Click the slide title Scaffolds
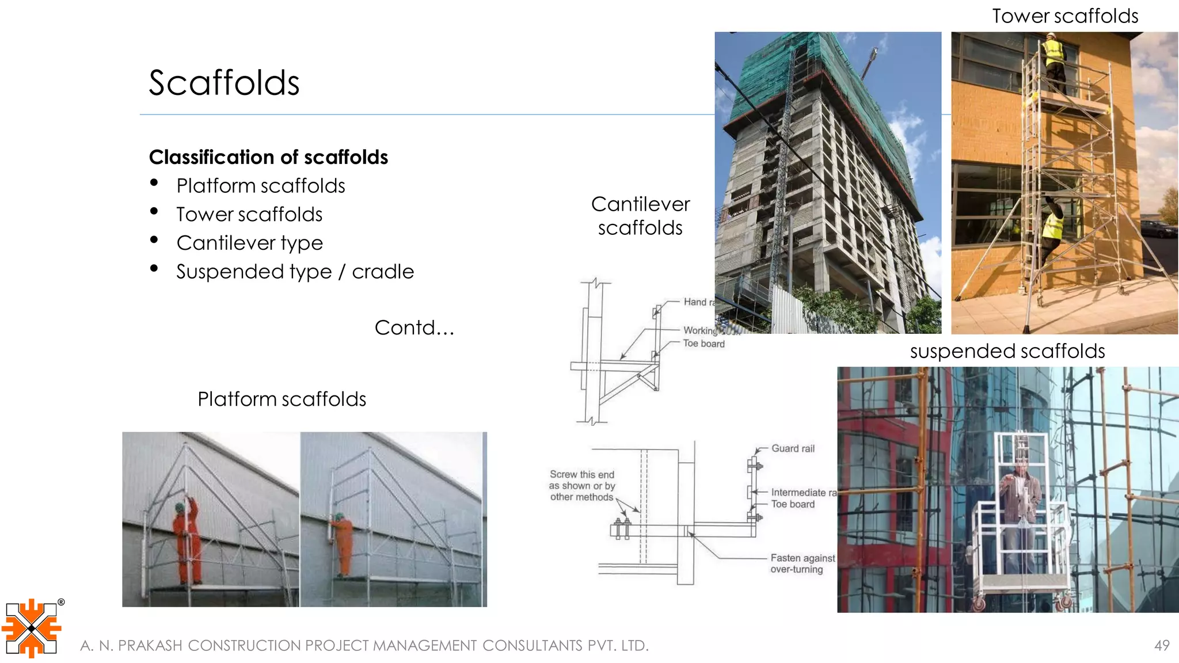click(224, 83)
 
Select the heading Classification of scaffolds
click(268, 157)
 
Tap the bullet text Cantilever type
click(249, 243)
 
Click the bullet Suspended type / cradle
click(295, 272)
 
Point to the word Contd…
click(414, 327)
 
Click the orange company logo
click(32, 628)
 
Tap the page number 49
click(1162, 645)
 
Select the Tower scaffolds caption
click(1064, 16)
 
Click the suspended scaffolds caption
click(1007, 351)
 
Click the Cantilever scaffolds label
click(640, 216)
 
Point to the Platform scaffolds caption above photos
click(282, 399)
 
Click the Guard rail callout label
click(793, 448)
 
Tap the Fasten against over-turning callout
click(801, 563)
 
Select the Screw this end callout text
click(581, 485)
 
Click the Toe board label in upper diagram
click(703, 344)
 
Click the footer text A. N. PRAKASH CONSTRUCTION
click(364, 646)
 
